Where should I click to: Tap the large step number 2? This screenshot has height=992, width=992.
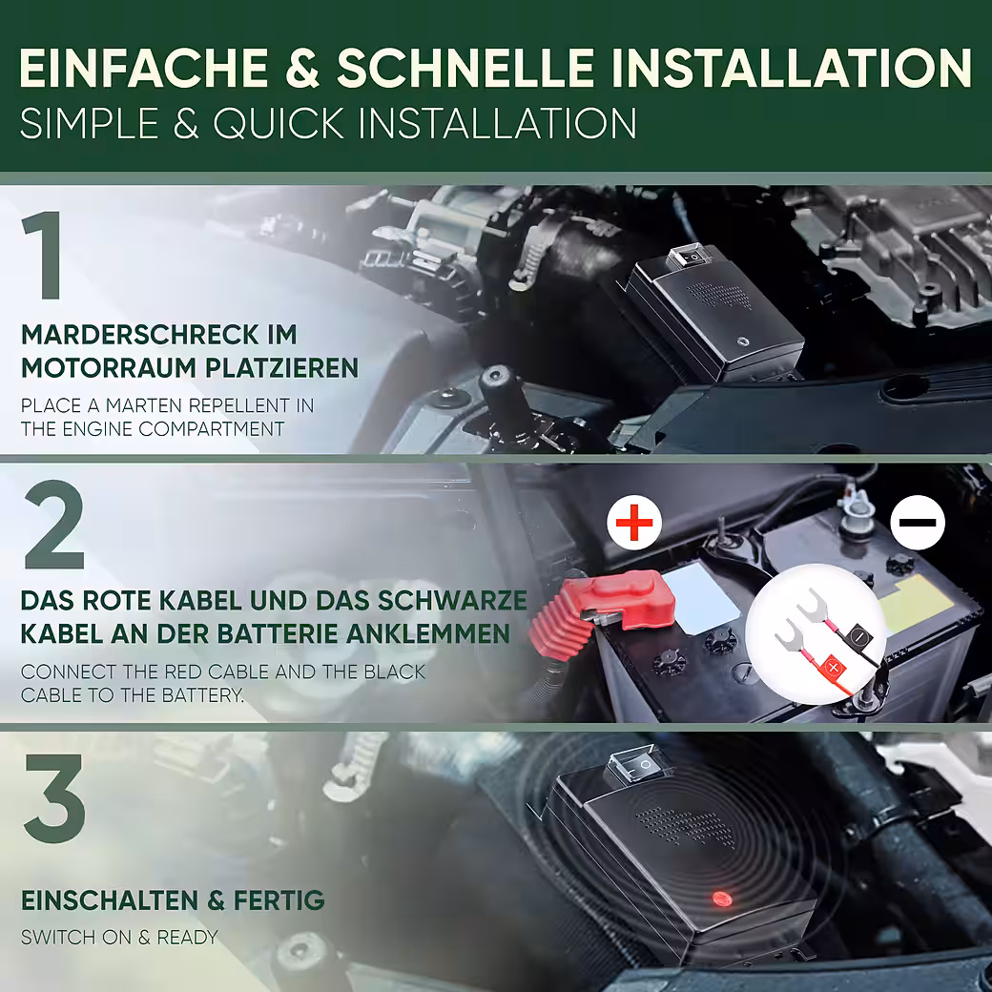[54, 525]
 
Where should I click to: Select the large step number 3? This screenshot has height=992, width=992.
[54, 797]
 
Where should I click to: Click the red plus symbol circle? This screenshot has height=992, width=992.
[634, 524]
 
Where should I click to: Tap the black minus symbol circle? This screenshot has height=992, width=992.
[918, 523]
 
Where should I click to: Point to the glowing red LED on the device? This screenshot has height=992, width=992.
[720, 899]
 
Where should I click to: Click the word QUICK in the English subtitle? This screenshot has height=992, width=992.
[280, 123]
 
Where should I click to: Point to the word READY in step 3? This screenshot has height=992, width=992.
[187, 937]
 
